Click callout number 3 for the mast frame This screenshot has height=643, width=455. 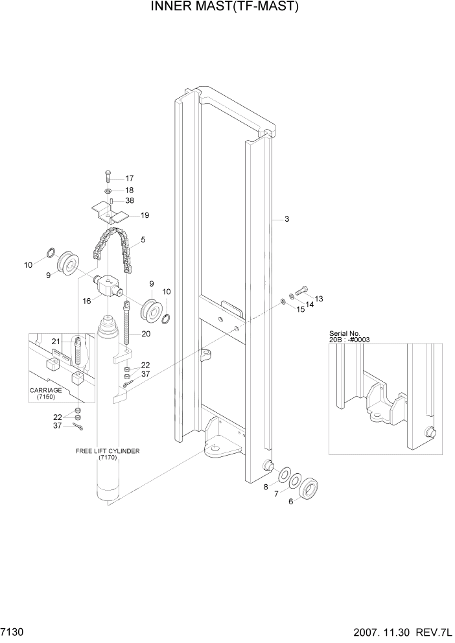click(286, 220)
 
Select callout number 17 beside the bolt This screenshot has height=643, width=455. click(129, 178)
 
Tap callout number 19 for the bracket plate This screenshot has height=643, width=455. click(145, 215)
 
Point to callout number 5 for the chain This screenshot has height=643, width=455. click(143, 240)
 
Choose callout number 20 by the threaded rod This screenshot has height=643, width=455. click(146, 334)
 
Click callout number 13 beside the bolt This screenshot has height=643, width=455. click(319, 299)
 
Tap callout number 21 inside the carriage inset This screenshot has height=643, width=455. click(56, 342)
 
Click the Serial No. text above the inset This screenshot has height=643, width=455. click(346, 333)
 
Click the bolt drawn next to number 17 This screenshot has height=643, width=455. click(108, 177)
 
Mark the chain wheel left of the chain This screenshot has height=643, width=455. click(68, 264)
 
